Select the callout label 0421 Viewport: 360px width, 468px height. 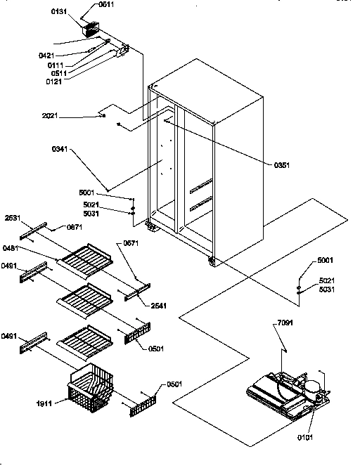47,55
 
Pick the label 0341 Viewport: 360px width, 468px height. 60,149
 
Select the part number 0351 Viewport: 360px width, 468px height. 282,164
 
